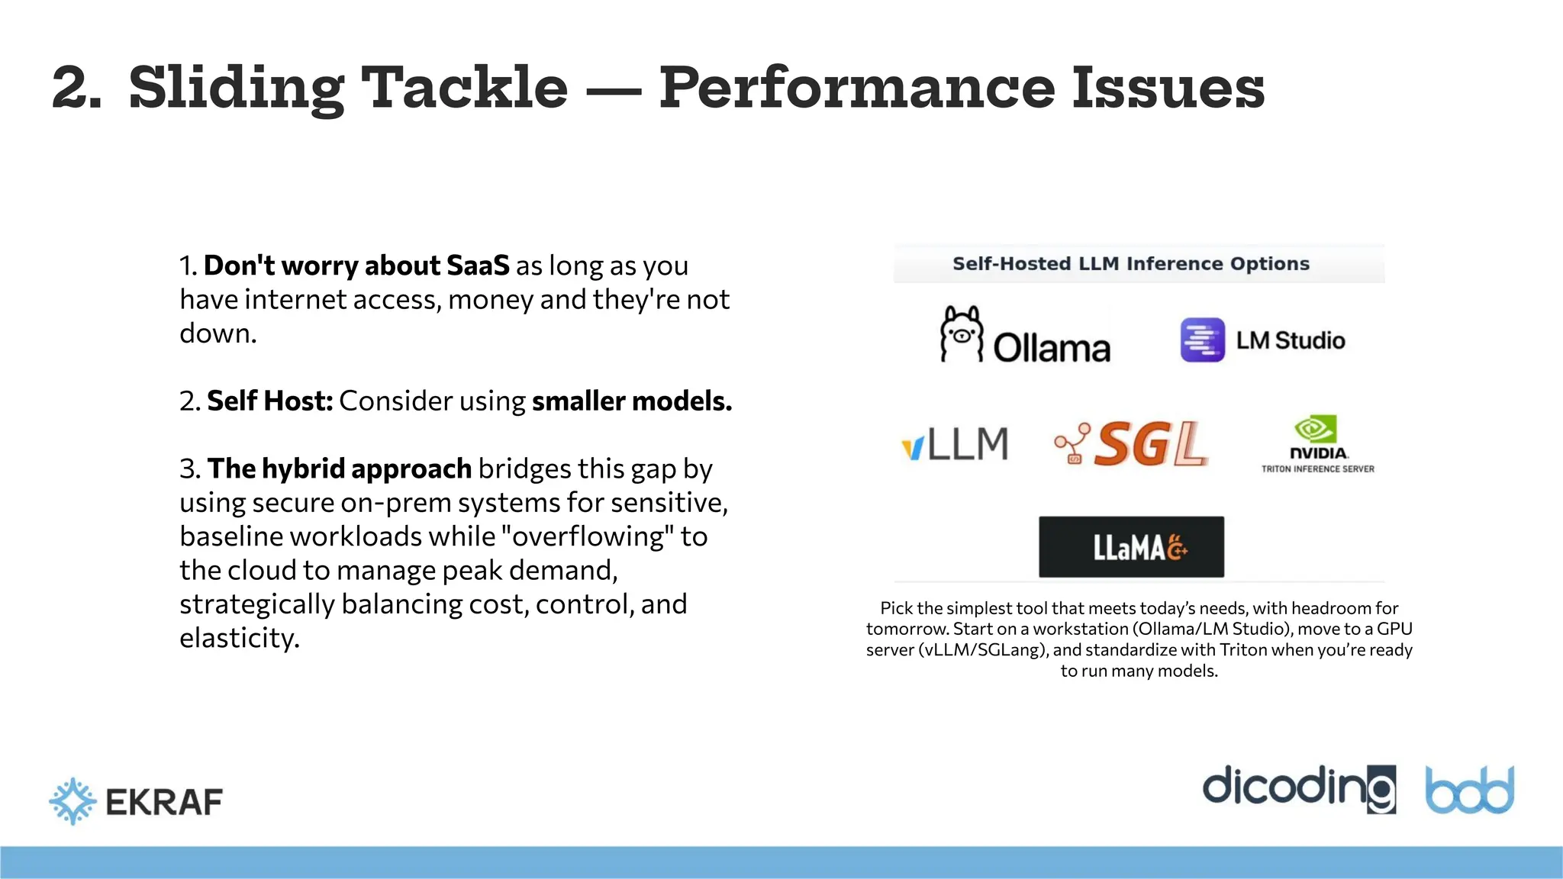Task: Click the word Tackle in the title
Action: point(464,87)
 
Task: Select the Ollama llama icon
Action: point(961,334)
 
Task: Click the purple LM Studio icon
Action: point(1202,340)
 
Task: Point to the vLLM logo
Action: point(955,444)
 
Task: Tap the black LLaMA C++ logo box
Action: point(1131,547)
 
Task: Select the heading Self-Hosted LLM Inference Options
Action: point(1131,264)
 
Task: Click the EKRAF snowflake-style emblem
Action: point(73,801)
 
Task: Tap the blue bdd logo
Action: point(1470,790)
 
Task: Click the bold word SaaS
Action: point(478,266)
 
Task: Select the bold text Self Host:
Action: point(270,401)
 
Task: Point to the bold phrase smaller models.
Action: point(632,401)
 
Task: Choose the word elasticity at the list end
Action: point(240,638)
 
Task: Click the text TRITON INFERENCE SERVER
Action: point(1318,469)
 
